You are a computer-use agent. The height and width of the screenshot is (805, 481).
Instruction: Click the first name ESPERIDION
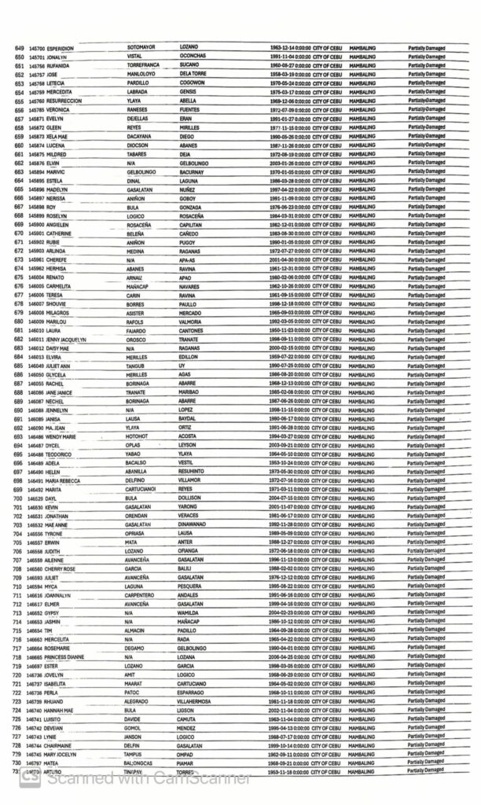[x=64, y=49]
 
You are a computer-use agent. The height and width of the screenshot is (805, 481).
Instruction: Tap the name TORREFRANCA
[x=147, y=65]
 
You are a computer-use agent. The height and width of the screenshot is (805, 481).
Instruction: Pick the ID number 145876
[x=36, y=164]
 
